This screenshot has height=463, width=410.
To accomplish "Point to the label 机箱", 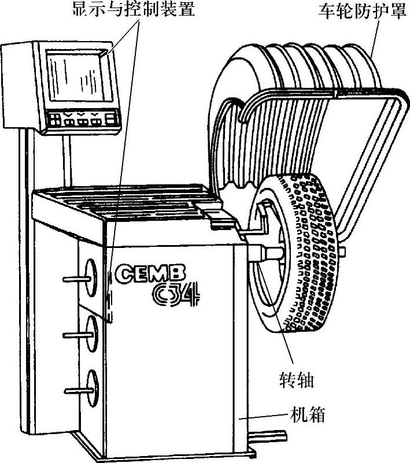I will point(308,416).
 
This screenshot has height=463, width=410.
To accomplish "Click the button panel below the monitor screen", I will point(81,120).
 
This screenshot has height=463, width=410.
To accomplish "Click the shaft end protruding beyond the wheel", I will point(344,251).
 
